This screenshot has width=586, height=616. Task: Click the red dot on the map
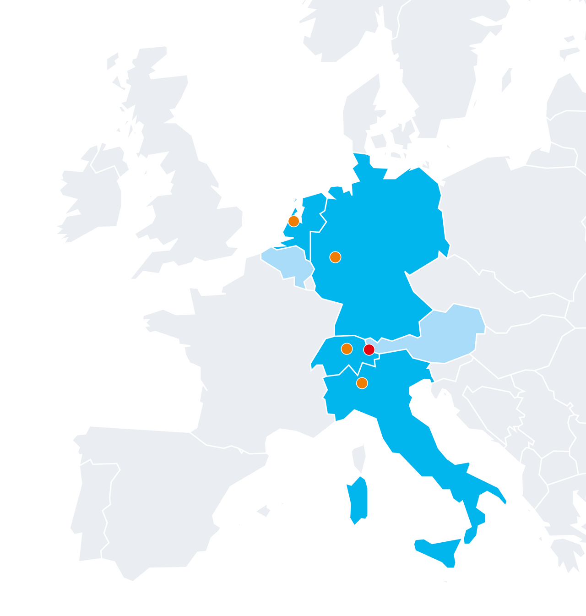[369, 350]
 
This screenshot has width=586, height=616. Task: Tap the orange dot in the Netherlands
[293, 221]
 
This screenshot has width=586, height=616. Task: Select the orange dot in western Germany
[335, 257]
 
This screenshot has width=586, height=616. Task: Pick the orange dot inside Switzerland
[347, 349]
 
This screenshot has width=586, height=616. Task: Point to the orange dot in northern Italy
[362, 383]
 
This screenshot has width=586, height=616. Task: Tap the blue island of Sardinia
[358, 502]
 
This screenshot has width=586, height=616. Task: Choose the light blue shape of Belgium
[288, 263]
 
